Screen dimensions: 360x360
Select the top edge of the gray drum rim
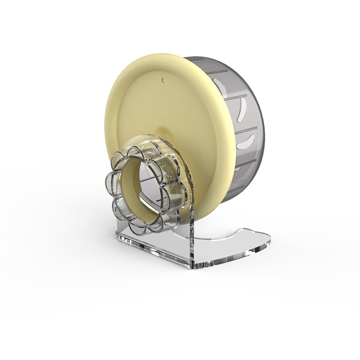tap(211, 58)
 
